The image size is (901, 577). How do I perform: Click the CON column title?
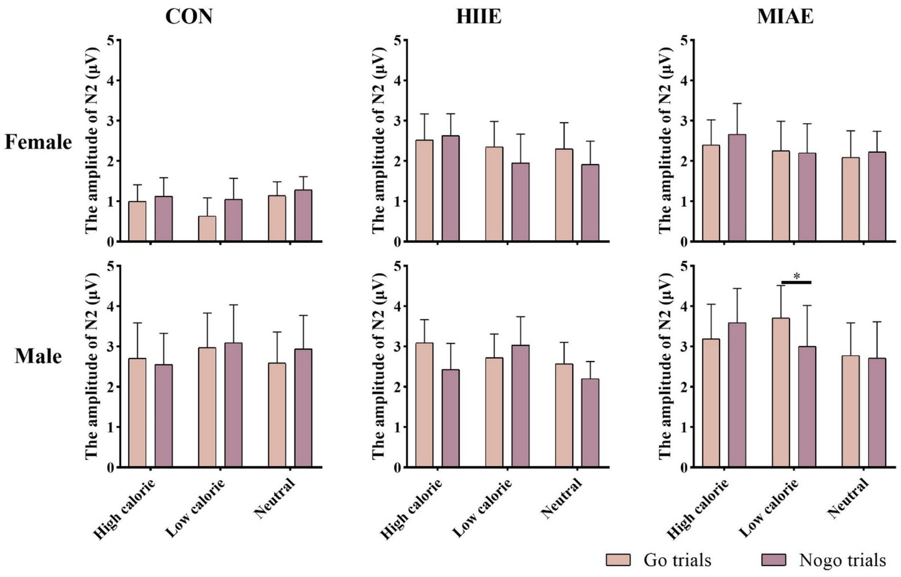pos(188,16)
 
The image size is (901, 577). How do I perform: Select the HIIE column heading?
pos(479,16)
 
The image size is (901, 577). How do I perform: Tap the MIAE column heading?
pos(785,16)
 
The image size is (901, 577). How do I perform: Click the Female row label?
pos(38,142)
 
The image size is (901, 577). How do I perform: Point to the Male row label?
pos(38,356)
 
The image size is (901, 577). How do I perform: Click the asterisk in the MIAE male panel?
pos(796,276)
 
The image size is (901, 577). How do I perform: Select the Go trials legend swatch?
pos(618,559)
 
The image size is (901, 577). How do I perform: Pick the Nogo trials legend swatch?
pos(773,559)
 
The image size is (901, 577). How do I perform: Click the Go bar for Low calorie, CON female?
pos(207,229)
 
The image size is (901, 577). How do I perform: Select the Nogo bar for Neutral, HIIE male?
pos(590,423)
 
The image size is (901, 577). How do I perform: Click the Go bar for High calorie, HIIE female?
pos(424,191)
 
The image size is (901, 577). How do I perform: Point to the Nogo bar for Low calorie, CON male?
pos(233,405)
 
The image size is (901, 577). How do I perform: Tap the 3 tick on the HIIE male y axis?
pos(398,346)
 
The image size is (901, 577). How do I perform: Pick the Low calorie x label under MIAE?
pos(769,508)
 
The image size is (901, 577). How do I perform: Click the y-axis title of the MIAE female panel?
pos(665,141)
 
